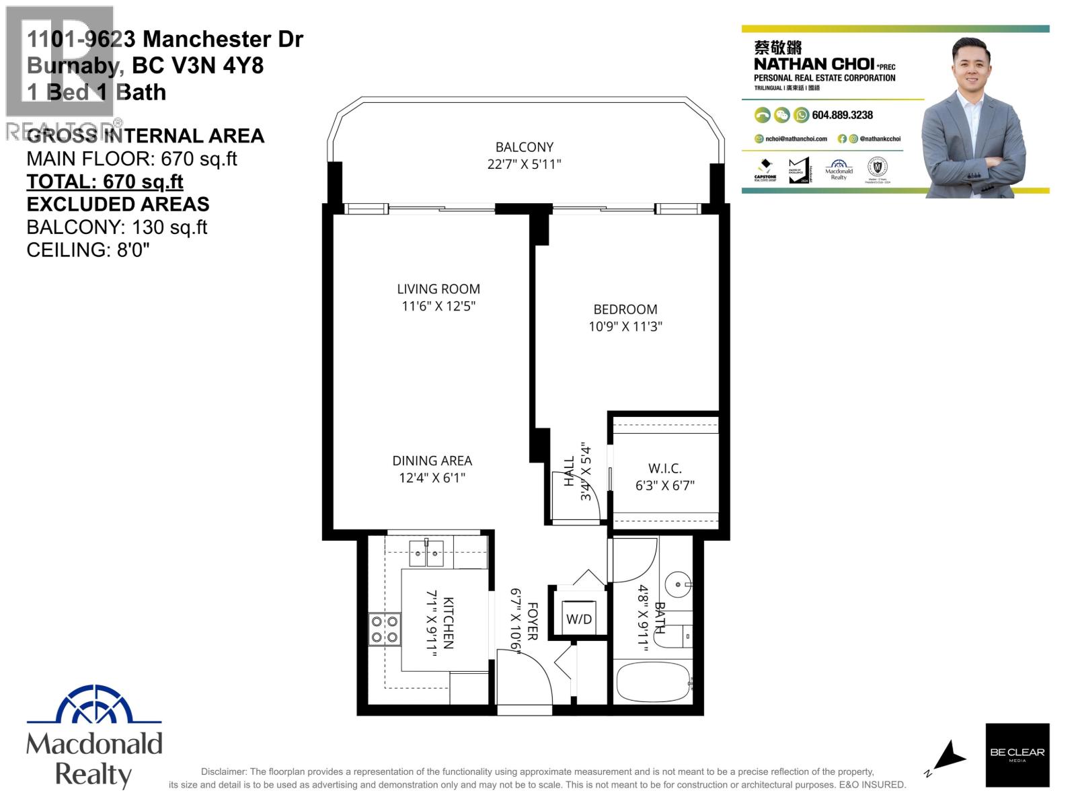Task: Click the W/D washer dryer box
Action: pos(578,617)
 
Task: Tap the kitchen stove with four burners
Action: pos(385,629)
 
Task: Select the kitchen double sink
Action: pos(426,554)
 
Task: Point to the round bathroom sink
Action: pos(678,582)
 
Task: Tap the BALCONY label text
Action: pos(524,147)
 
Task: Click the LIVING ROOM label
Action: pos(438,289)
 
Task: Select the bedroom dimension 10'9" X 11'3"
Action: pos(625,327)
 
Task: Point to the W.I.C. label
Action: pos(664,468)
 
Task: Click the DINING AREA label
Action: pos(432,461)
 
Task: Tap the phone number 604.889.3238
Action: pos(842,115)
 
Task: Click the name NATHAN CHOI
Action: pos(814,65)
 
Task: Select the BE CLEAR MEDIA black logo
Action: pos(1017,755)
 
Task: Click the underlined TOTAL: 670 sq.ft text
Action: pos(105,182)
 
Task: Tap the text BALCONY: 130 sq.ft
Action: pos(116,227)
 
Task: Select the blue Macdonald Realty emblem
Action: pos(94,706)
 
